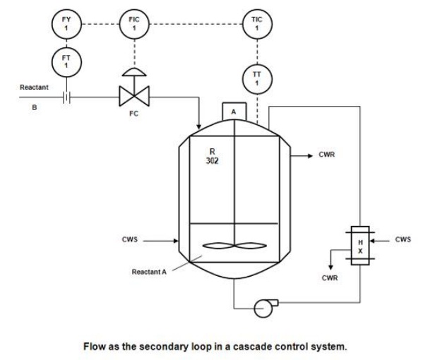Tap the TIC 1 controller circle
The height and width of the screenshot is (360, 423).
tap(257, 23)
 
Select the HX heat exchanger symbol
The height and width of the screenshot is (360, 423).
tap(359, 242)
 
